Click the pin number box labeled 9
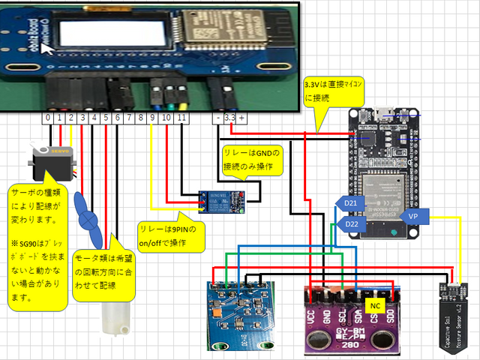(152, 118)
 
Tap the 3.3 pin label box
(229, 118)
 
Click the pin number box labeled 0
(48, 118)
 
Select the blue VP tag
(412, 216)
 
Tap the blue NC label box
(376, 306)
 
